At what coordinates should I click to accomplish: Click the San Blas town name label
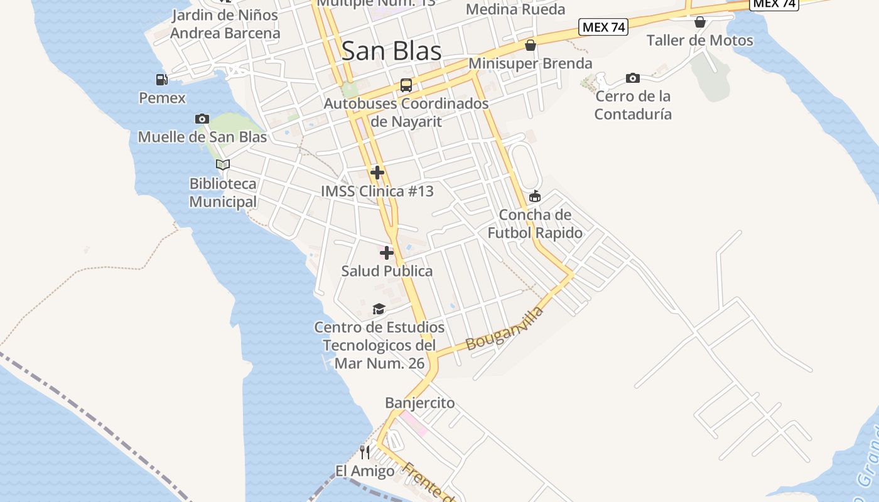click(391, 51)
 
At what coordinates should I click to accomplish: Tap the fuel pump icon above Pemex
click(162, 80)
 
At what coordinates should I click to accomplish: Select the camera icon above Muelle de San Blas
click(202, 119)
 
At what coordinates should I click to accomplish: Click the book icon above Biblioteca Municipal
click(223, 164)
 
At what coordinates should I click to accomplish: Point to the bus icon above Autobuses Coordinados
click(406, 85)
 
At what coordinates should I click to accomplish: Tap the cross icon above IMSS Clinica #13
click(377, 172)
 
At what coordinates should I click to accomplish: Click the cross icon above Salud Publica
click(387, 252)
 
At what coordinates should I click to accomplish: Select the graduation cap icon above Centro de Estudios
click(379, 309)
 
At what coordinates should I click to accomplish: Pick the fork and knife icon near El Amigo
click(365, 452)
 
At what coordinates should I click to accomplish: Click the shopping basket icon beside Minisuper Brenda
click(531, 45)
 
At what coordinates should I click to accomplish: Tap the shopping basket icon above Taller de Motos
click(700, 23)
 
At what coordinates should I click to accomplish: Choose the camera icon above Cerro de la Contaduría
click(633, 78)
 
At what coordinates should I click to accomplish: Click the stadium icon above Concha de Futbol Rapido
click(535, 197)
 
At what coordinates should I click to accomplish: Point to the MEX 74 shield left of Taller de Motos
click(603, 27)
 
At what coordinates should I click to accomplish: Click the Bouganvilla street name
click(504, 328)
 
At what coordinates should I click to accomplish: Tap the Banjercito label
click(419, 403)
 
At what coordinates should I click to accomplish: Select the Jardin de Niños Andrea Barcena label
click(225, 24)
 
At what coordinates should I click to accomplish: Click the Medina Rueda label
click(515, 9)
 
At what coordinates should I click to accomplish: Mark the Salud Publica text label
click(387, 271)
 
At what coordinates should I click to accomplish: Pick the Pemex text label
click(162, 98)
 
